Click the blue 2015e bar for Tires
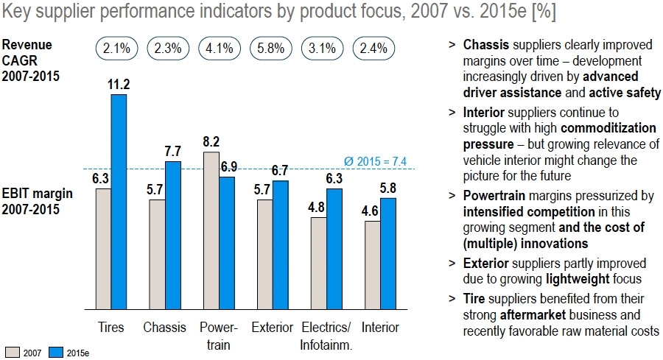[119, 201]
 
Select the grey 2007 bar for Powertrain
[211, 230]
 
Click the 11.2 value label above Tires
[119, 85]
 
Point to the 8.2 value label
[211, 142]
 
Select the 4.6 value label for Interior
[372, 211]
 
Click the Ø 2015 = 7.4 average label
[376, 161]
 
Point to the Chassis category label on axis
[164, 327]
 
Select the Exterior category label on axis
[272, 327]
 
